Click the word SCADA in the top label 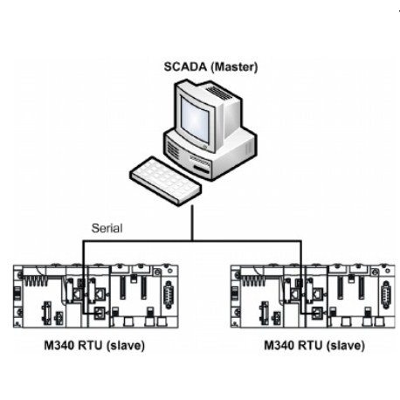(185, 67)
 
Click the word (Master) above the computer (234, 67)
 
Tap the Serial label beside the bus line (107, 228)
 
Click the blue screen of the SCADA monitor (195, 119)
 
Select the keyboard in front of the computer (165, 181)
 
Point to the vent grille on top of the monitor (219, 93)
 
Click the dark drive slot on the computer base (202, 169)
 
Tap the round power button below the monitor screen (205, 147)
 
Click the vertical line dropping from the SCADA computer (192, 223)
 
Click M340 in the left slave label (59, 346)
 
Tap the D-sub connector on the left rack (169, 294)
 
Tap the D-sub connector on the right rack (386, 294)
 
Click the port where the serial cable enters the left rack (100, 313)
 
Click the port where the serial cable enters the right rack (316, 313)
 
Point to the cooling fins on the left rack (35, 280)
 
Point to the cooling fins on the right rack (252, 280)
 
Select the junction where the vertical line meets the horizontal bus (192, 241)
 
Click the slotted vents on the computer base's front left (173, 150)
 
